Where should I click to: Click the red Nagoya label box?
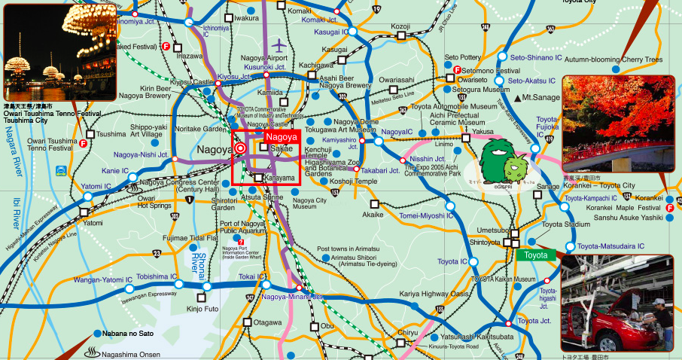[282, 137]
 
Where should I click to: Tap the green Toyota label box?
[536, 255]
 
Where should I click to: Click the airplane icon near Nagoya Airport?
[282, 45]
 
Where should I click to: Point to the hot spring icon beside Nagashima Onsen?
[92, 351]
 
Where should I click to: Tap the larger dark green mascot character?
[498, 156]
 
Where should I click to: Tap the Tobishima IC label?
[156, 276]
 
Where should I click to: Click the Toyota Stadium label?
[565, 224]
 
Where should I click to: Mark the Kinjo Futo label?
[202, 308]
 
